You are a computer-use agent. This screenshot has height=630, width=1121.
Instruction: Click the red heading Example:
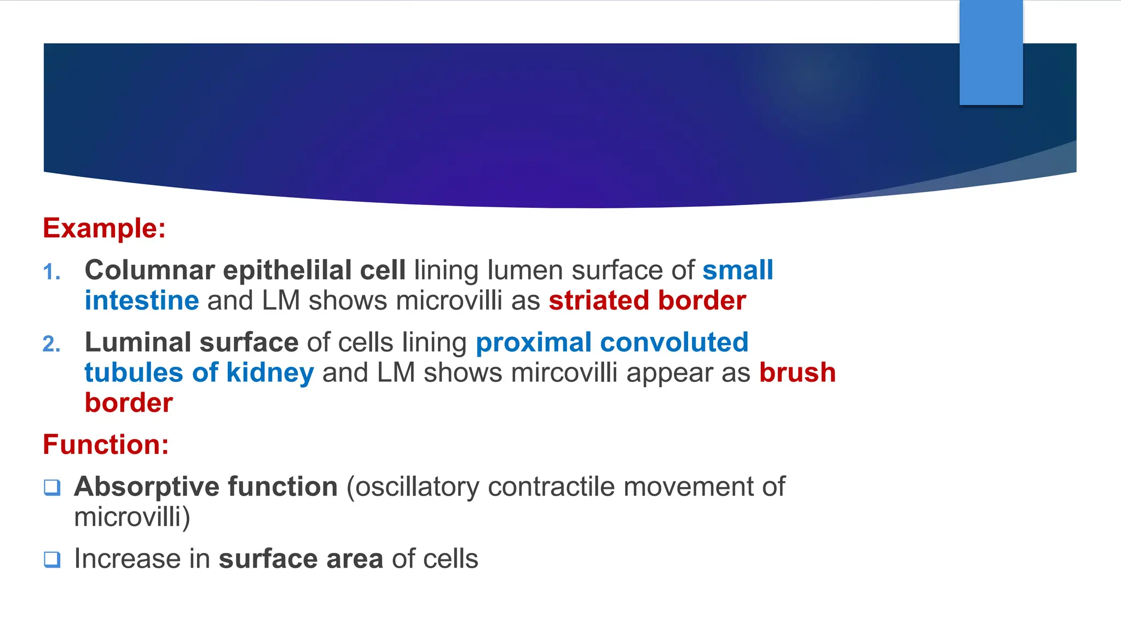click(x=104, y=228)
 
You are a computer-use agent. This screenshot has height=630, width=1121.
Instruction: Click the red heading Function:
click(x=106, y=445)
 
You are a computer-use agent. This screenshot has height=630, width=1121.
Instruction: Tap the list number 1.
click(x=51, y=272)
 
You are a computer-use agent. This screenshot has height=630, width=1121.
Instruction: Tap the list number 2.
click(x=51, y=345)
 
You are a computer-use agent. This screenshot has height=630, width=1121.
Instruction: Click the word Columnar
click(x=149, y=270)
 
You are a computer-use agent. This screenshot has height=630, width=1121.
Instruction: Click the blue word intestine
click(x=142, y=301)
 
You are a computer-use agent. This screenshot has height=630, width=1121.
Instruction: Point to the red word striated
click(x=599, y=301)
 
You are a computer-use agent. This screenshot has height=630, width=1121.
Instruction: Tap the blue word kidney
click(x=270, y=373)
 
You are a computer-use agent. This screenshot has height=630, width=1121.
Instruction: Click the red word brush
click(x=797, y=373)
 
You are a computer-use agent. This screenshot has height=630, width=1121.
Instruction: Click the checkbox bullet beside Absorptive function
click(x=52, y=487)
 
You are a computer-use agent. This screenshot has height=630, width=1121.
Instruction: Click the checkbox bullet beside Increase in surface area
click(x=52, y=559)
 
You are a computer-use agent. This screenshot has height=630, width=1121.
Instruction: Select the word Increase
click(x=142, y=559)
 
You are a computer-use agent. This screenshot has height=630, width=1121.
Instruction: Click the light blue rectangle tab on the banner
click(x=991, y=52)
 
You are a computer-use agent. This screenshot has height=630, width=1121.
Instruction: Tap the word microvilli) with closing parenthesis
click(x=132, y=517)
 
